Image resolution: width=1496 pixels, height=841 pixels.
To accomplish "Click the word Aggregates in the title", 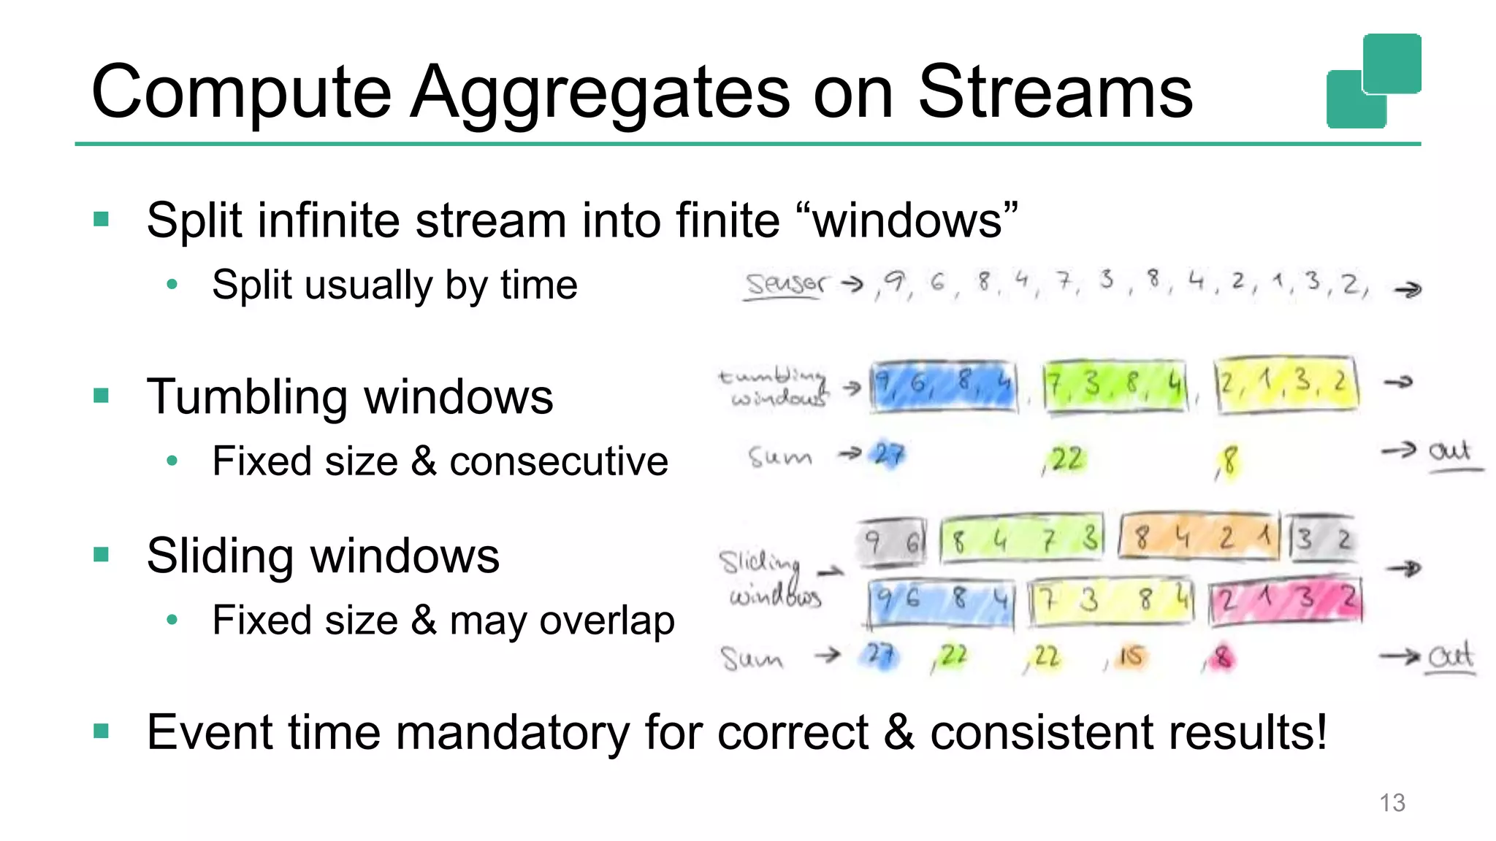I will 599,93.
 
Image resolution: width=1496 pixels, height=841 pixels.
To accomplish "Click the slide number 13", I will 1392,802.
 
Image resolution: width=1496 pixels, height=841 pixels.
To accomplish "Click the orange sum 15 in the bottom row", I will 1130,657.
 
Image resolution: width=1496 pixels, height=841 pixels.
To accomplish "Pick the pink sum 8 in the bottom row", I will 1221,658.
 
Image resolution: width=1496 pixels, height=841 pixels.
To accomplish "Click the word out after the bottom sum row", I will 1451,657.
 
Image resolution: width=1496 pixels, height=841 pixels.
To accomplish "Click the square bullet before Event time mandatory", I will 102,731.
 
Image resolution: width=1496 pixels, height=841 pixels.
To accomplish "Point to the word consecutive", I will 559,462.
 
